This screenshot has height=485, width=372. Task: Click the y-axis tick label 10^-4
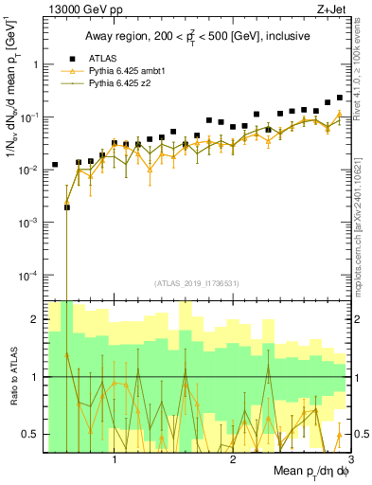click(x=28, y=276)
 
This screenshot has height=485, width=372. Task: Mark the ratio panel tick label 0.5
click(x=30, y=434)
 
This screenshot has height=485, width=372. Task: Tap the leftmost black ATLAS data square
click(x=55, y=165)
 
